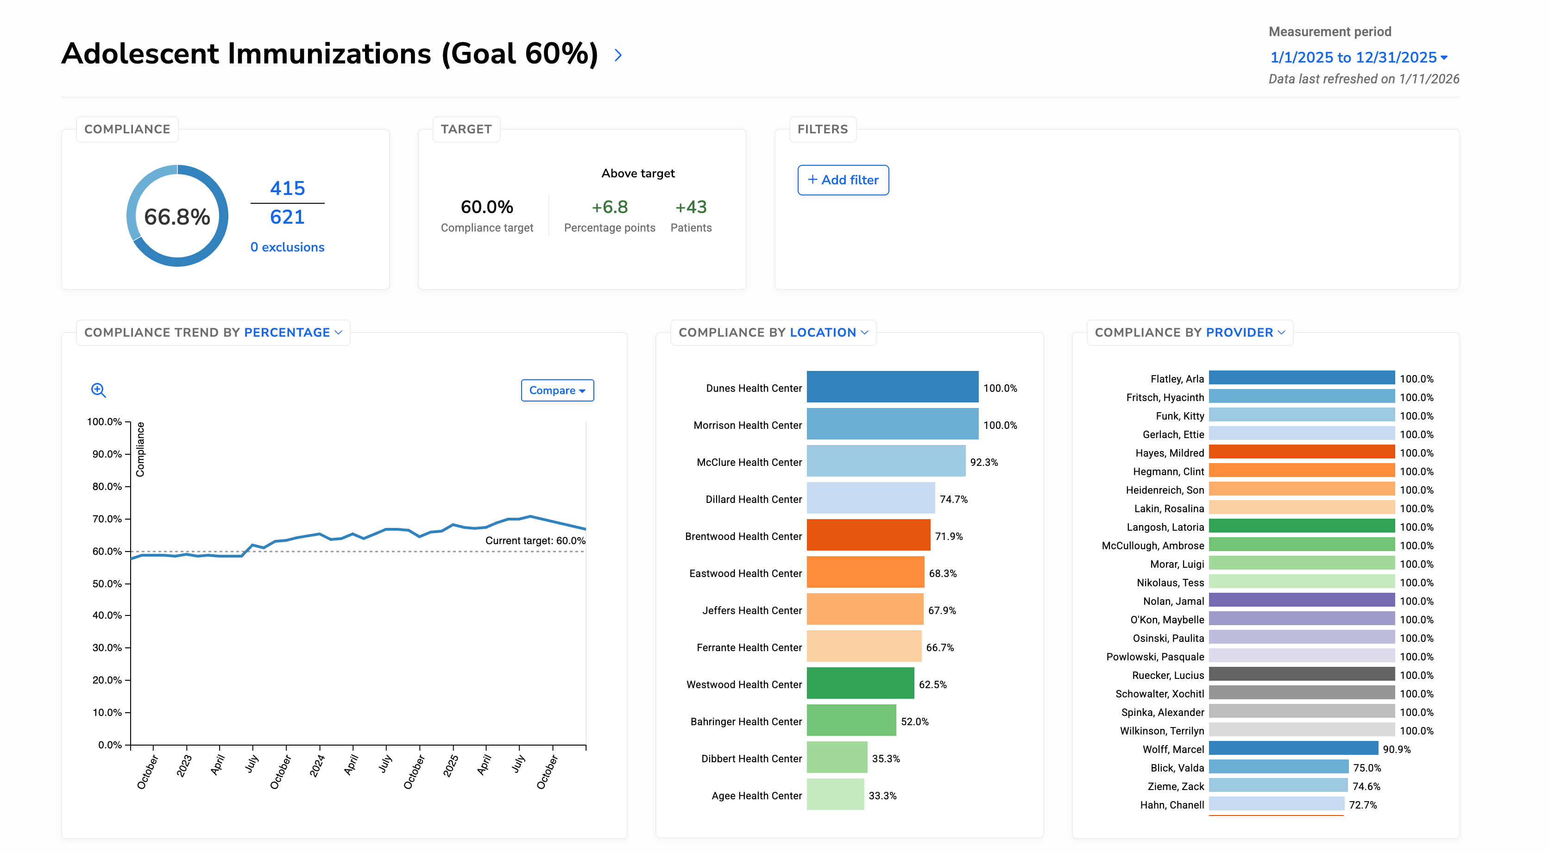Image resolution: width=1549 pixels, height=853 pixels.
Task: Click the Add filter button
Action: [x=843, y=180]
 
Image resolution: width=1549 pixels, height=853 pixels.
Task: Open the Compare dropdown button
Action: [x=557, y=390]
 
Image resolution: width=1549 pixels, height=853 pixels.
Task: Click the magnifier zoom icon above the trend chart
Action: [x=99, y=390]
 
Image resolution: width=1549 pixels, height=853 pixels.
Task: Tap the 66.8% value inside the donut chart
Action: [x=177, y=216]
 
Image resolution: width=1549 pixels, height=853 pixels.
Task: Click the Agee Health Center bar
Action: [x=835, y=794]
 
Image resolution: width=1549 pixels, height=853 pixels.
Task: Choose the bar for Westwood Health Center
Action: [x=860, y=683]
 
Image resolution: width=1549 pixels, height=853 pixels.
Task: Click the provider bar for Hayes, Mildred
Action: [x=1301, y=452]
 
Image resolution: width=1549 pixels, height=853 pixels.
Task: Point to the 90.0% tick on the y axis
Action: [x=107, y=454]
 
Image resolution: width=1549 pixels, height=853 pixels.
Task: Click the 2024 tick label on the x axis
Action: [x=317, y=766]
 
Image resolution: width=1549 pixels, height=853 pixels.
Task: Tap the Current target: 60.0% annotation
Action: [x=535, y=540]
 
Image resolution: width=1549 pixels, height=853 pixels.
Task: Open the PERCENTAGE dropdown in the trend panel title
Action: [x=293, y=332]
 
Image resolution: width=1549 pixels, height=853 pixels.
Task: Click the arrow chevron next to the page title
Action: [x=617, y=55]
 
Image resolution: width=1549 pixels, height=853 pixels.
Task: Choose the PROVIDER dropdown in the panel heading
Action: [x=1245, y=332]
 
